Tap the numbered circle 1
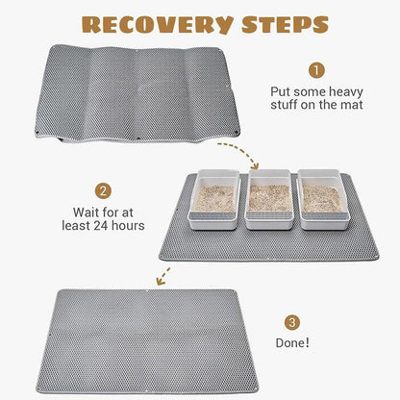pos(316,70)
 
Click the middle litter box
pos(269,200)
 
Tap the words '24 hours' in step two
pos(118,226)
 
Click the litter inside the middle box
pos(269,196)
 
